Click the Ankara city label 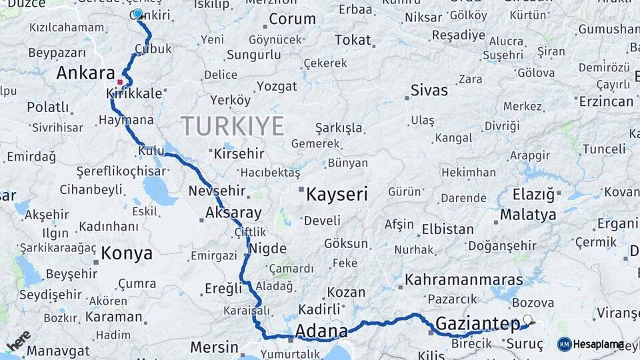coord(85,73)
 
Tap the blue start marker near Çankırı coord(138,13)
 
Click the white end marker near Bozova coord(528,320)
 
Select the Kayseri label coord(337,195)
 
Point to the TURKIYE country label coord(232,125)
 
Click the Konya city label coord(127,253)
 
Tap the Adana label coord(321,331)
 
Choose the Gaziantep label coord(477,325)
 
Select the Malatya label coord(528,215)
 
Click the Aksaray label coord(233,213)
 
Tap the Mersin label coord(214,347)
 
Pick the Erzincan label coord(606,101)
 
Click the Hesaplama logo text coord(598,344)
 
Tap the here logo coord(19,340)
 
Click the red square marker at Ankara coord(120,82)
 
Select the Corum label coord(292,19)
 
